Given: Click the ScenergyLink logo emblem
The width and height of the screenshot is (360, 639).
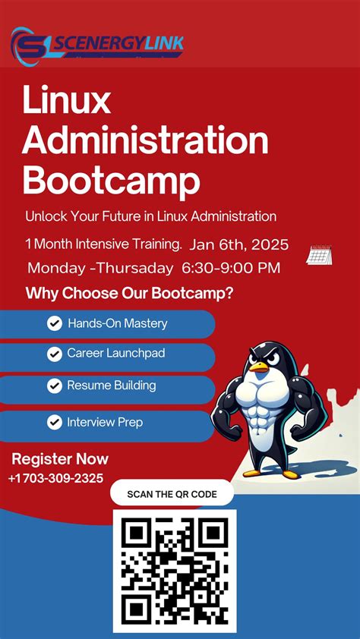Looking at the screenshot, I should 30,45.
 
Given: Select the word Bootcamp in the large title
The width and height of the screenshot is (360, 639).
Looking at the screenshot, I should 112,181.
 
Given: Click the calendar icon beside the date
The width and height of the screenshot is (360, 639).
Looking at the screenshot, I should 318,255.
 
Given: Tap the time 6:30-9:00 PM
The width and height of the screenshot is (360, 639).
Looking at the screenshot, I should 231,268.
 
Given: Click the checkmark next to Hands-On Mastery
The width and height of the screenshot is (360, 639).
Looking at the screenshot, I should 55,324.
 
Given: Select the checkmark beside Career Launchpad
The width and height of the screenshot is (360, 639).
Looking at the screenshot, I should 55,354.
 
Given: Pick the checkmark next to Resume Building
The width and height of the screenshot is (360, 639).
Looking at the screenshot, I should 55,386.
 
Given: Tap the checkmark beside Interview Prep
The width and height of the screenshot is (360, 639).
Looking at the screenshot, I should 55,422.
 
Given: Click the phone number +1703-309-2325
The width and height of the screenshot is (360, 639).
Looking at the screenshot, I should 55,478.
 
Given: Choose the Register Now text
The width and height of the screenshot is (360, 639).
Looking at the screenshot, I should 60,459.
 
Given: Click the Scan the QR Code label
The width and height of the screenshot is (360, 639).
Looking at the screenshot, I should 172,494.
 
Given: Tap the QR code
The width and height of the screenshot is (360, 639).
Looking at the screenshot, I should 175,571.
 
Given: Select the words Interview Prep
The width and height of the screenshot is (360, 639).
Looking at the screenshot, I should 104,422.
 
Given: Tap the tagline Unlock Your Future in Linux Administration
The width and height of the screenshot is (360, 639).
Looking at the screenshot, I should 150,216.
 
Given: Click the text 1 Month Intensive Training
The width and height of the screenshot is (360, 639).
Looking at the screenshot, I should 103,244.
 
